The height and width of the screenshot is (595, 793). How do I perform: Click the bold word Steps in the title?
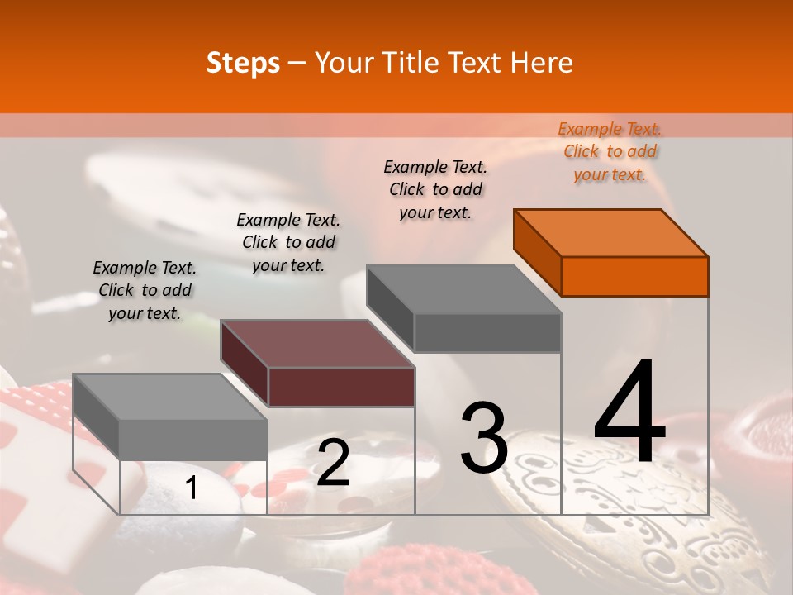click(243, 64)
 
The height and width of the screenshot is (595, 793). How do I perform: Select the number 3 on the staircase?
click(483, 437)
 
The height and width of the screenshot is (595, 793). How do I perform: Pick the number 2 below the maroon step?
click(333, 462)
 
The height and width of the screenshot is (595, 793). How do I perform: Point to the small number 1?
click(191, 488)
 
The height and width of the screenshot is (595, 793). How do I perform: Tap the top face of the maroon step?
click(317, 344)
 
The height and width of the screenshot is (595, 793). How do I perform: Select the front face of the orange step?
click(634, 276)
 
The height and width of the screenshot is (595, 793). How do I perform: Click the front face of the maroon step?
click(341, 387)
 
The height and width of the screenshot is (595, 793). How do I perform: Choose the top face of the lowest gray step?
click(170, 397)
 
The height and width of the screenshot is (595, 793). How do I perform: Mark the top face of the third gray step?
click(463, 289)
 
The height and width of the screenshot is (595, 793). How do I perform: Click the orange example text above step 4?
click(610, 151)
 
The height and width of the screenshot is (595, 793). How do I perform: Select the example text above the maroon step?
click(287, 242)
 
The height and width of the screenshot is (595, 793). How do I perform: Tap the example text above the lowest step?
click(145, 290)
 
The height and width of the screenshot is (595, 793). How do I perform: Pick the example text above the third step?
click(435, 189)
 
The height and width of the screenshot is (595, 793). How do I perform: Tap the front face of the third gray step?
click(487, 332)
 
